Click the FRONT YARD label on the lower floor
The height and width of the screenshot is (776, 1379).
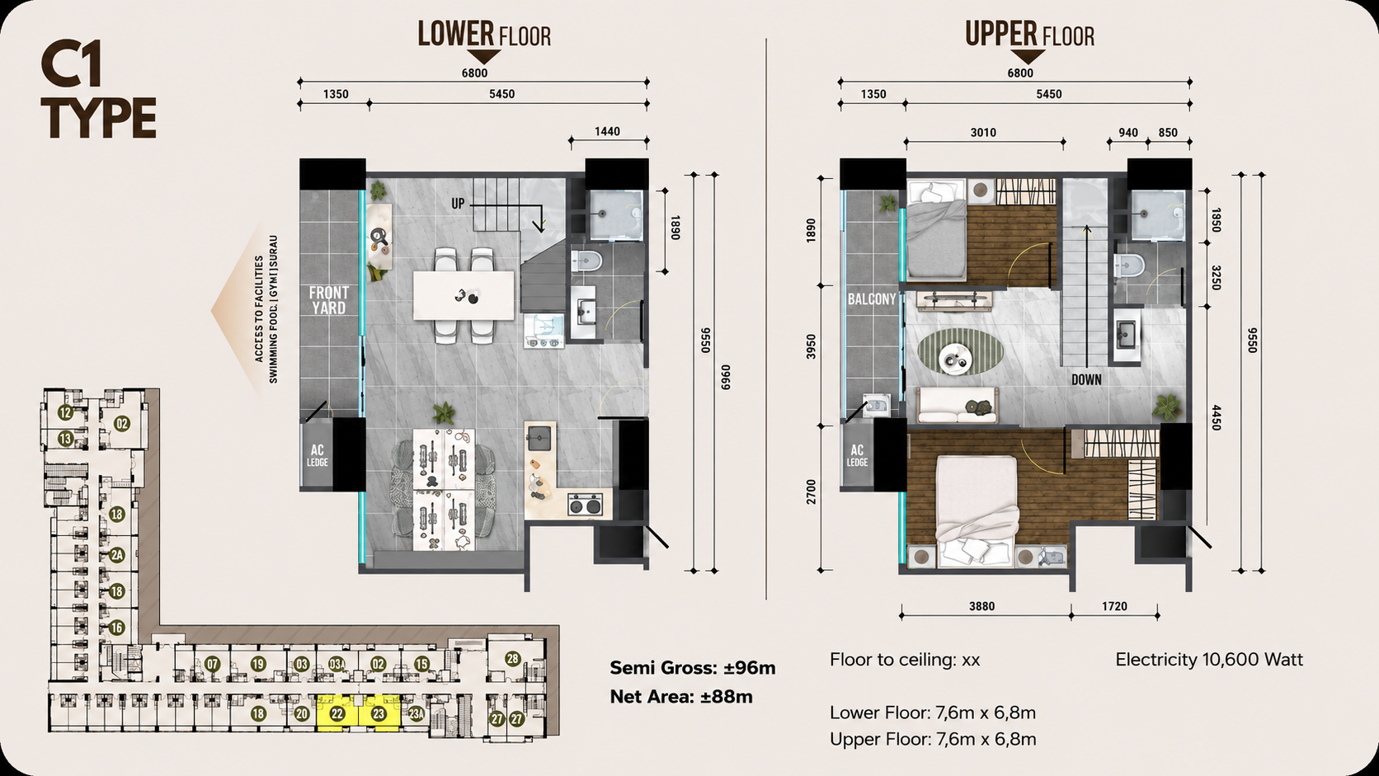tap(329, 300)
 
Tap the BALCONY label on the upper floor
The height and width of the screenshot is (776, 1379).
tap(872, 299)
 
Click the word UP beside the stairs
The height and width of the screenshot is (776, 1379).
tap(458, 204)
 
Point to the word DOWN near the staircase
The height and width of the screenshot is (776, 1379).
tap(1086, 379)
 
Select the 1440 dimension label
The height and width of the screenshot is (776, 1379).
tap(607, 131)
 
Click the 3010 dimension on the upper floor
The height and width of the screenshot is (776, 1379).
tap(983, 132)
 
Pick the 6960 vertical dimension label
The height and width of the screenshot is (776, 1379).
tap(726, 377)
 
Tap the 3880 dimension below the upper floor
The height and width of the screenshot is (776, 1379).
tap(982, 606)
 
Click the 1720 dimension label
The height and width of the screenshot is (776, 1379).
tap(1114, 606)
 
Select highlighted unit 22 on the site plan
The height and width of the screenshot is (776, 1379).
tap(337, 714)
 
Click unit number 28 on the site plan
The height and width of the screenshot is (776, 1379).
tap(512, 659)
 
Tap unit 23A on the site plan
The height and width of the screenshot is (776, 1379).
tap(417, 714)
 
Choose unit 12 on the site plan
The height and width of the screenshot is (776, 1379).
tap(66, 412)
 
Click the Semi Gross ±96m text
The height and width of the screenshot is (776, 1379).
tap(693, 668)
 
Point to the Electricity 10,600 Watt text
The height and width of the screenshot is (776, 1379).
tap(1209, 660)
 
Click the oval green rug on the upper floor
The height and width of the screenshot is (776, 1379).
tap(960, 351)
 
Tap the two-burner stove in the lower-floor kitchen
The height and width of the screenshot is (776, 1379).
tap(585, 505)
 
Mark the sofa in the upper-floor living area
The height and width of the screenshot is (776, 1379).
tap(958, 406)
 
